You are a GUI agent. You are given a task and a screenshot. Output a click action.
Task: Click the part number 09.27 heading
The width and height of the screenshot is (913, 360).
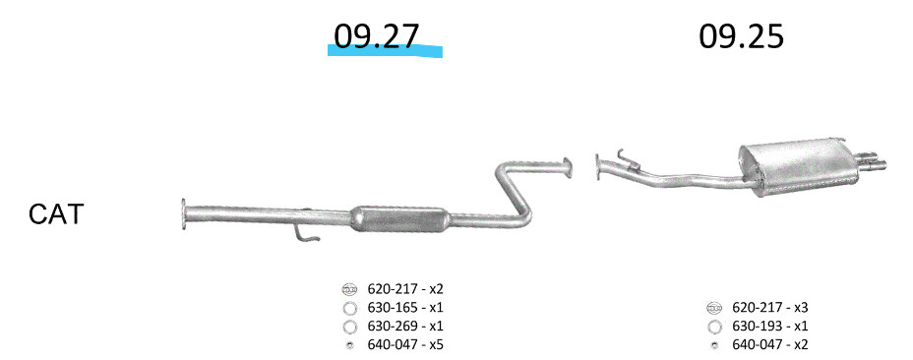(x=376, y=36)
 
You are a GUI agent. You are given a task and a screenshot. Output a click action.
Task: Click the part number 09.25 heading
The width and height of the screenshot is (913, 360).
(x=741, y=36)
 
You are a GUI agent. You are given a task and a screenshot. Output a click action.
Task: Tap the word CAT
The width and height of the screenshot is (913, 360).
(x=56, y=214)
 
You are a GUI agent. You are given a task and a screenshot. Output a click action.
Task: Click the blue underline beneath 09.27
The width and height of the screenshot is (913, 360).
(x=385, y=51)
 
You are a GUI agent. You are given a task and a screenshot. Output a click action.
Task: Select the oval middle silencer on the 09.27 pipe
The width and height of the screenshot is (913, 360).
(x=401, y=218)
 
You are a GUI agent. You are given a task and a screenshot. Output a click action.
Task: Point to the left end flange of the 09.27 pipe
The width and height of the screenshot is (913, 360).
(x=184, y=213)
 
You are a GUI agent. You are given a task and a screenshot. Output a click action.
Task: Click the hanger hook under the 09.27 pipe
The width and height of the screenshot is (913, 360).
(x=306, y=233)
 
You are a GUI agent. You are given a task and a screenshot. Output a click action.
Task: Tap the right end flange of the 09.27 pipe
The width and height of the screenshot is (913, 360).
(x=568, y=168)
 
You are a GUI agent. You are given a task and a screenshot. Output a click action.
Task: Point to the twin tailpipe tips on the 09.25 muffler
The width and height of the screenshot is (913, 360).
(x=871, y=161)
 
